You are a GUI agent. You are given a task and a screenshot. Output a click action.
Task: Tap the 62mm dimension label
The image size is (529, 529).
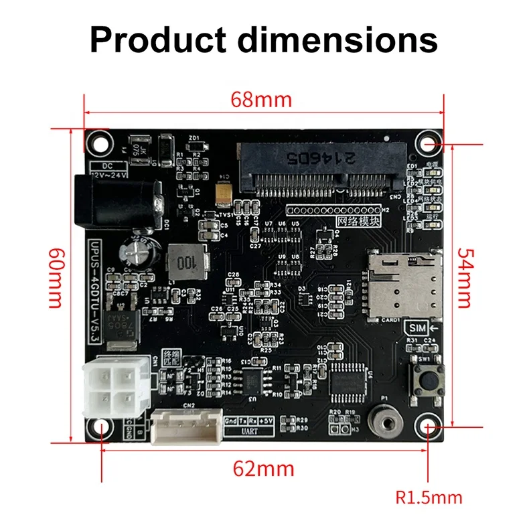(263, 468)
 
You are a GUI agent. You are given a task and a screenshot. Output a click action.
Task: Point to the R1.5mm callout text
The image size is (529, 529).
(429, 498)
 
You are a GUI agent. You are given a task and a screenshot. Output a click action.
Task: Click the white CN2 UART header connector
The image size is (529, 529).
(186, 427)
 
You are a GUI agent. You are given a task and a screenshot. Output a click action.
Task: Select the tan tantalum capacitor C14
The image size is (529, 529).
(224, 192)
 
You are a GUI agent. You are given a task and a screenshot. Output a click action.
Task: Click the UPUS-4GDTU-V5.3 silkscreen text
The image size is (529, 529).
(95, 292)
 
